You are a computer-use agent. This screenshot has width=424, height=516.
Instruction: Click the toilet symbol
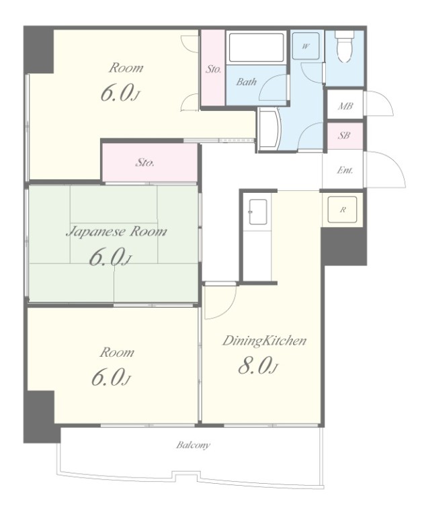pyautogui.click(x=344, y=47)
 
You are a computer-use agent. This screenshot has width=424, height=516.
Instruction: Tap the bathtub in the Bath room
pyautogui.click(x=256, y=48)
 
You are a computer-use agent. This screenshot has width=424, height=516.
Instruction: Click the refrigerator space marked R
pyautogui.click(x=343, y=210)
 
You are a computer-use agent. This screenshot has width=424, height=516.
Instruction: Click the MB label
pyautogui.click(x=345, y=106)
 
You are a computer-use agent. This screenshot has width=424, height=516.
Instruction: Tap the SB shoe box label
pyautogui.click(x=344, y=135)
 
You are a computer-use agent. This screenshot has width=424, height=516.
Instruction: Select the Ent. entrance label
pyautogui.click(x=345, y=170)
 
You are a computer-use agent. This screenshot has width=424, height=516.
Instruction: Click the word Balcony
pyautogui.click(x=194, y=445)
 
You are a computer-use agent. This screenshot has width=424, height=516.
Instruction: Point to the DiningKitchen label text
pyautogui.click(x=264, y=341)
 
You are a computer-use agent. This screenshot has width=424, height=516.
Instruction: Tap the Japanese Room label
pyautogui.click(x=116, y=232)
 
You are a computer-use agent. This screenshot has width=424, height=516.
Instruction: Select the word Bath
pyautogui.click(x=246, y=81)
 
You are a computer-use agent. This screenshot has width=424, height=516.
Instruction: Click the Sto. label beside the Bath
pyautogui.click(x=213, y=69)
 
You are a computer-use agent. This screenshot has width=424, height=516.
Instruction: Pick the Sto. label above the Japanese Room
pyautogui.click(x=145, y=162)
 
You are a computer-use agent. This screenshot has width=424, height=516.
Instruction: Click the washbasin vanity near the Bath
pyautogui.click(x=269, y=130)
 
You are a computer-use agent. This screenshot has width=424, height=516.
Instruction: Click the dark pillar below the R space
pyautogui.click(x=343, y=246)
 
